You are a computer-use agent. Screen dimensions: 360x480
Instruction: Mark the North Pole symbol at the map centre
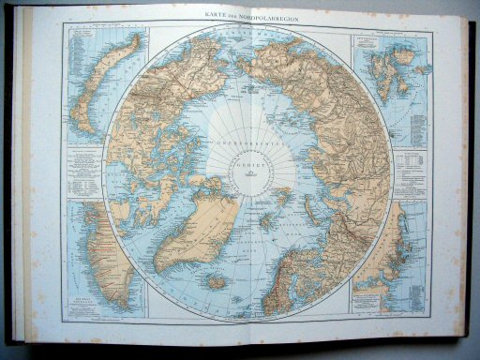[x=241, y=174]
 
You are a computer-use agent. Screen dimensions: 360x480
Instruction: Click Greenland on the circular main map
[x=192, y=225]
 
